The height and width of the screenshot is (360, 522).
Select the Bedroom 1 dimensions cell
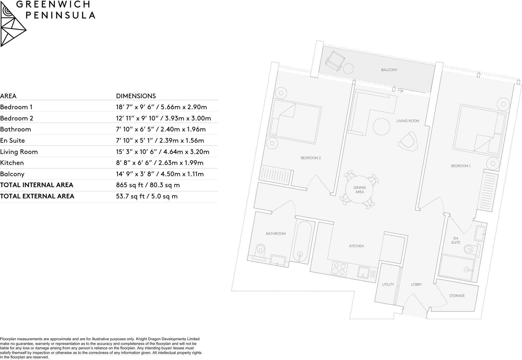pyautogui.click(x=161, y=107)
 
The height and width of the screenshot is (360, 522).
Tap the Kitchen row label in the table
pyautogui.click(x=12, y=163)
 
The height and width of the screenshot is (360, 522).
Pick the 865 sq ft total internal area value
pyautogui.click(x=148, y=185)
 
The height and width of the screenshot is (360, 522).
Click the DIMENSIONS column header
pyautogui.click(x=136, y=96)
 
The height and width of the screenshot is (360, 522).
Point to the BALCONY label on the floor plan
pyautogui.click(x=389, y=70)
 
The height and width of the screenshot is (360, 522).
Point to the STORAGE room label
pyautogui.click(x=457, y=296)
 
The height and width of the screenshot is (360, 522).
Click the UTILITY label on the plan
pyautogui.click(x=388, y=284)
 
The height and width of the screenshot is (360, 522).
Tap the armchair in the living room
pyautogui.click(x=408, y=141)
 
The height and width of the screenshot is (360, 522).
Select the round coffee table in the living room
pyautogui.click(x=381, y=126)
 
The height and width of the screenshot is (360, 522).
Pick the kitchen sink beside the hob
pyautogui.click(x=364, y=272)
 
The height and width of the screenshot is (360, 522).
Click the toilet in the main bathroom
pyautogui.click(x=260, y=250)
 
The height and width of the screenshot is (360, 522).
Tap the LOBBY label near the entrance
pyautogui.click(x=416, y=284)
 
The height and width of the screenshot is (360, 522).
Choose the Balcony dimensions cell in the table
pyautogui.click(x=160, y=174)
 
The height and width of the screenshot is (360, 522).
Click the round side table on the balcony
pyautogui.click(x=348, y=69)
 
